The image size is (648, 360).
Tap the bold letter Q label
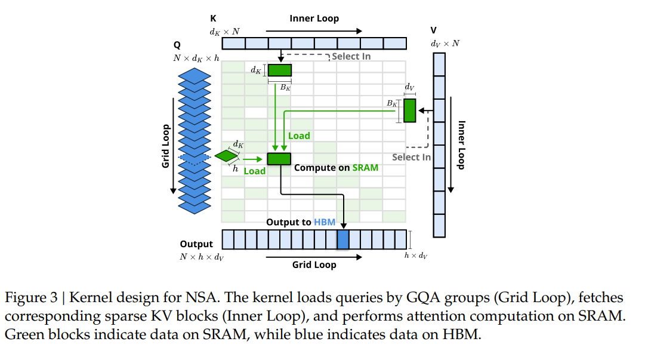pyautogui.click(x=177, y=45)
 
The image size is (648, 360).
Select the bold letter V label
pyautogui.click(x=433, y=30)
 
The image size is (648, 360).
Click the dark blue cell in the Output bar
pyautogui.click(x=342, y=239)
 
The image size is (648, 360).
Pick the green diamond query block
pyautogui.click(x=226, y=156)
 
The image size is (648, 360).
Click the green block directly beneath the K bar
pyautogui.click(x=279, y=70)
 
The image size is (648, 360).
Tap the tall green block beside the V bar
pyautogui.click(x=409, y=110)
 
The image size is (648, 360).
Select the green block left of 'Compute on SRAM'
pyautogui.click(x=279, y=158)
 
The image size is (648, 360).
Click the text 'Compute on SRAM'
pyautogui.click(x=336, y=168)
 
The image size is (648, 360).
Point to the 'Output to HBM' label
pyautogui.click(x=301, y=222)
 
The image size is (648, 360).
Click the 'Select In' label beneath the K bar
pyautogui.click(x=351, y=56)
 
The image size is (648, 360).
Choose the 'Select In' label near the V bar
pyautogui.click(x=411, y=157)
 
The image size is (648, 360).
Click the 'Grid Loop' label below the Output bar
pyautogui.click(x=314, y=264)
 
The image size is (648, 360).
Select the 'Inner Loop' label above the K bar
pyautogui.click(x=314, y=19)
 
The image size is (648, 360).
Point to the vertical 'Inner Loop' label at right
pyautogui.click(x=461, y=145)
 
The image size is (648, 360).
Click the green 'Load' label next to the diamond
pyautogui.click(x=254, y=171)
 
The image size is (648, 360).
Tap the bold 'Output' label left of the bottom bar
pyautogui.click(x=196, y=244)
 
